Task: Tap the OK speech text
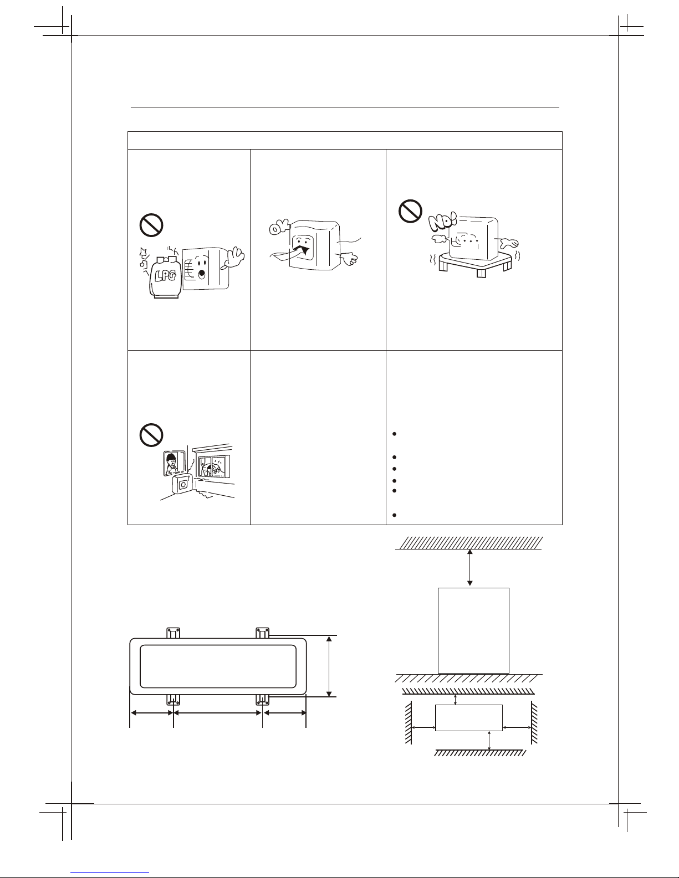click(x=279, y=227)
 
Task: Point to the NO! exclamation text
click(x=442, y=222)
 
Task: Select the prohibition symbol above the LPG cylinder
click(x=151, y=225)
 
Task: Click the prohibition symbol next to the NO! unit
click(x=410, y=210)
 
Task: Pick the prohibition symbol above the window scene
click(x=151, y=435)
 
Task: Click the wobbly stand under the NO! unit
click(x=476, y=263)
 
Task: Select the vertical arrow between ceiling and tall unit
click(x=469, y=567)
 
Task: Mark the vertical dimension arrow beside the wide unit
click(x=329, y=666)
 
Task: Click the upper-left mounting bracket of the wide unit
click(x=173, y=633)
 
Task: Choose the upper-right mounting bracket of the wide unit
click(x=262, y=633)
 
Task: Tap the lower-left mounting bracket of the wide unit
click(x=173, y=700)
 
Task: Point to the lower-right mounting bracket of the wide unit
click(x=262, y=700)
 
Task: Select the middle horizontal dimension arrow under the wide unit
click(x=217, y=713)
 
